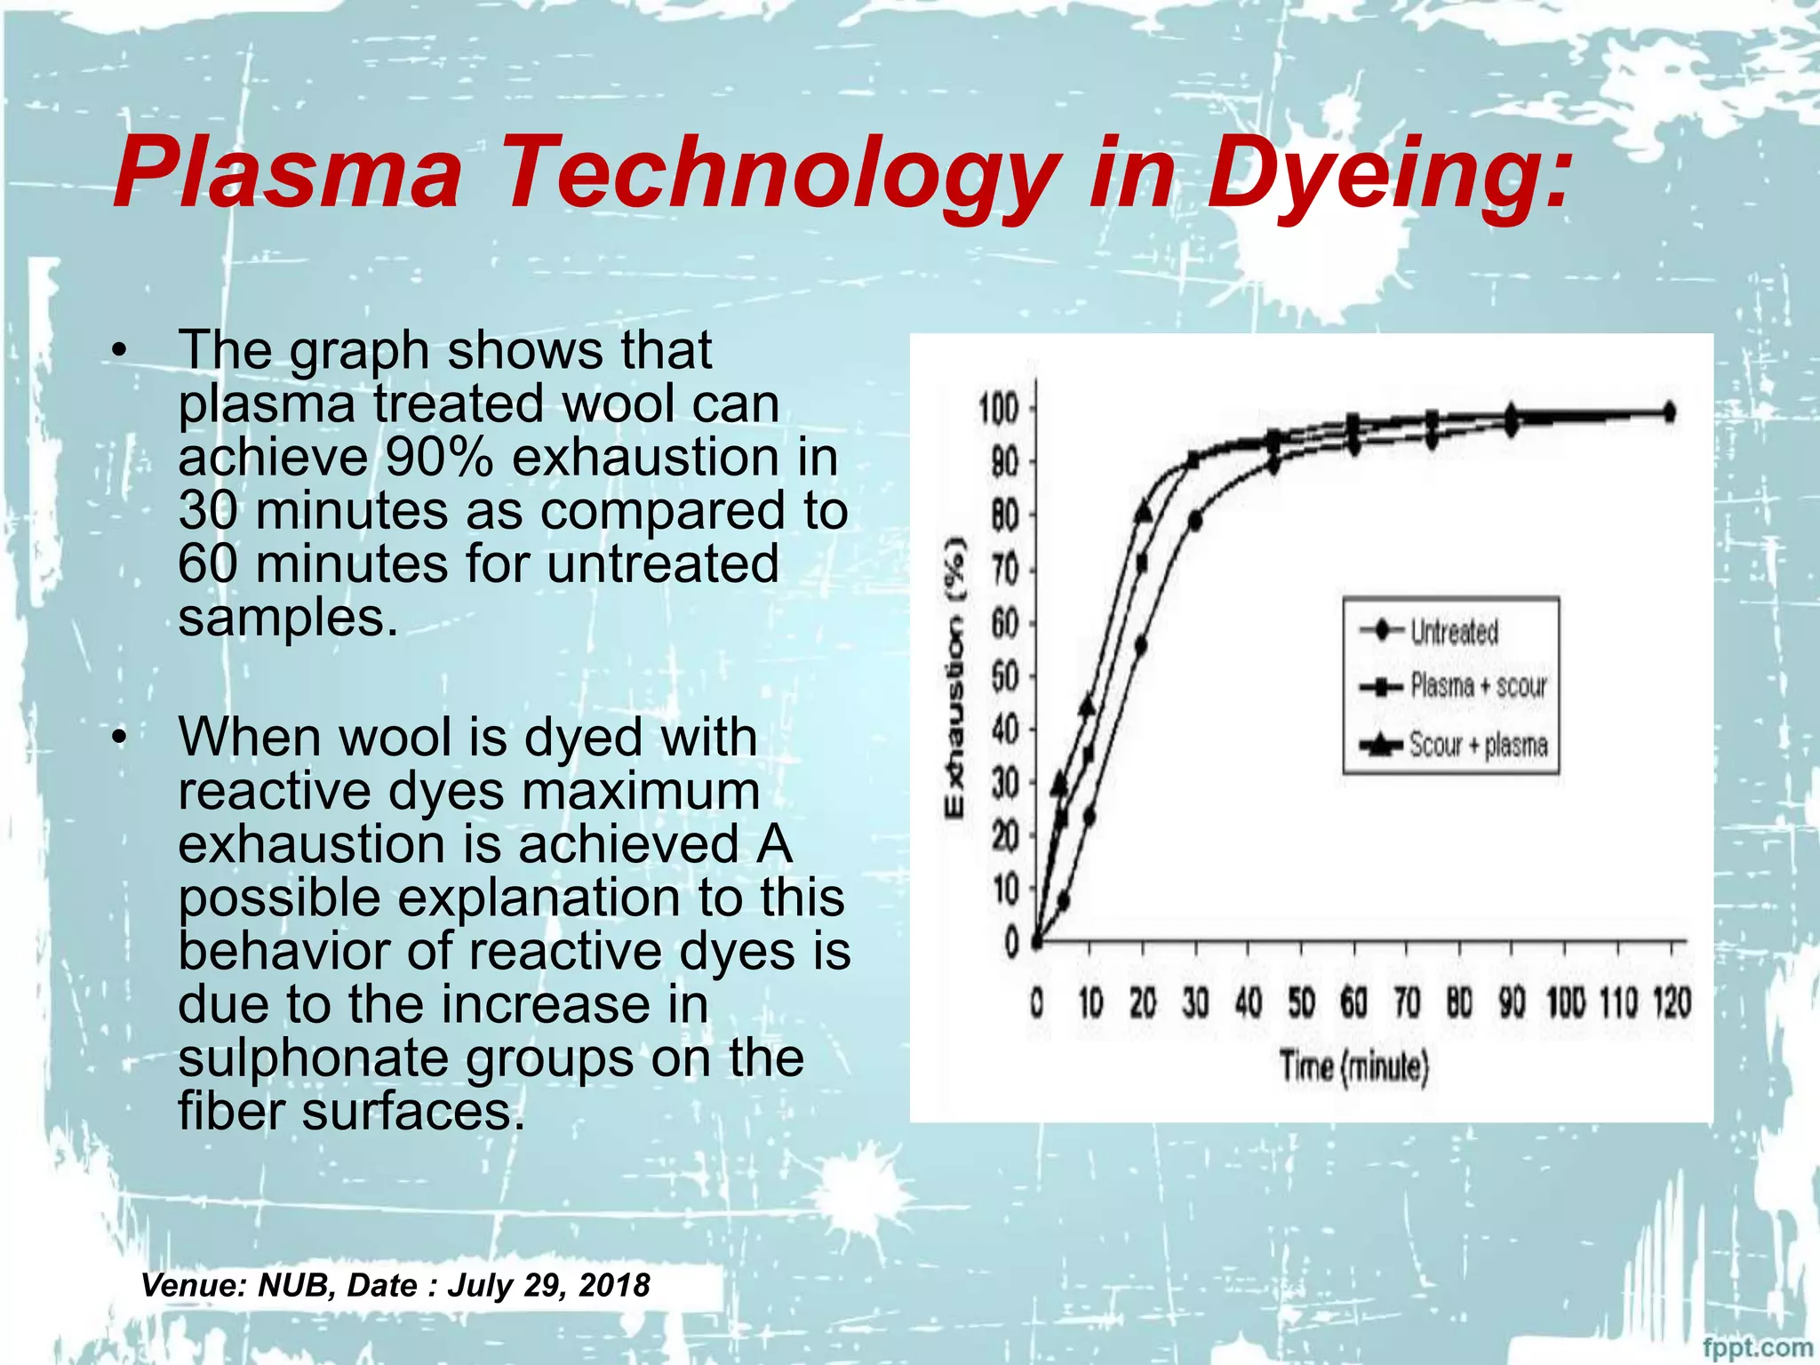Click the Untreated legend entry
coord(1454,632)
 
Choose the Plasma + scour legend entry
coord(1478,686)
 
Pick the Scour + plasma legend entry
coord(1478,745)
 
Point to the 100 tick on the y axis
coord(998,410)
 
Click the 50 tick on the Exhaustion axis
coord(1004,676)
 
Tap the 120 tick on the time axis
coord(1672,1004)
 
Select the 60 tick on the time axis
coord(1353,1004)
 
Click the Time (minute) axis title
coord(1353,1066)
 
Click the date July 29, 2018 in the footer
coord(548,1285)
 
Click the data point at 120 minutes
coord(1670,412)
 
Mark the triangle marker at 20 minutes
coord(1144,513)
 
